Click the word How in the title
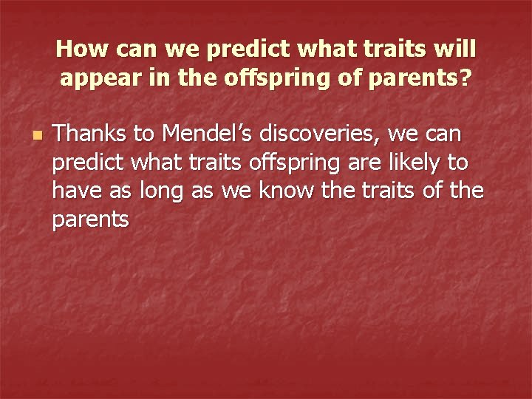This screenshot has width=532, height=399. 78,50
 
